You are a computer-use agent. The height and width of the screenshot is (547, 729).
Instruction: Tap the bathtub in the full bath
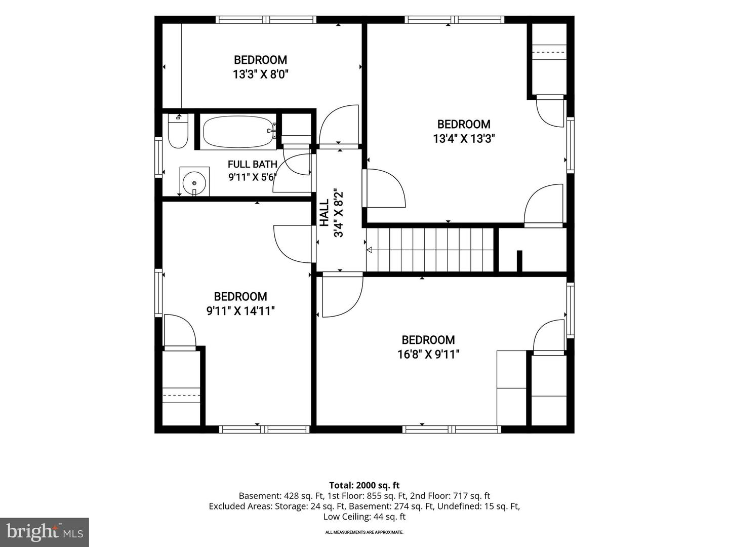coord(238,132)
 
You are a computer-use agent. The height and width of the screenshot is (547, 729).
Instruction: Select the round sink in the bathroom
coord(194,183)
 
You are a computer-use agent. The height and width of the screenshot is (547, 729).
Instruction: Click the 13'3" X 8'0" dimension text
coord(260,74)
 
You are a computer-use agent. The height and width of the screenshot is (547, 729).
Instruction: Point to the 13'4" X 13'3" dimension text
coord(464,138)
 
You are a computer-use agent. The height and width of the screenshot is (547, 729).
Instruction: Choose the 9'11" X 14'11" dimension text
coord(240,311)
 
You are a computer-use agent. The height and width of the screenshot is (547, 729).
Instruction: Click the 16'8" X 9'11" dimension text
coord(428,355)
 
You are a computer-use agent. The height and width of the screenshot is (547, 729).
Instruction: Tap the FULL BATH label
coord(253,164)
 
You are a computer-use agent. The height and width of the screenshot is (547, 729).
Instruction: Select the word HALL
coord(324,213)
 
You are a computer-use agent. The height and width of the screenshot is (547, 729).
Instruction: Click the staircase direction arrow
coord(369,250)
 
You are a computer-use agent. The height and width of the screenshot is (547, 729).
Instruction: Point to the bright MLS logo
coord(45,532)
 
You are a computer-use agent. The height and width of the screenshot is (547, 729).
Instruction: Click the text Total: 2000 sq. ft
coord(364,485)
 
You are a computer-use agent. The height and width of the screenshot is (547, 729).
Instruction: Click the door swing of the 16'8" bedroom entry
coord(343,295)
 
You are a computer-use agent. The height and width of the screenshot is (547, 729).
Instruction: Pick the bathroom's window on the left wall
coord(158,157)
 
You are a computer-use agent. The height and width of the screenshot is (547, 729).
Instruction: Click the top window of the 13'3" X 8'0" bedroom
coord(266,20)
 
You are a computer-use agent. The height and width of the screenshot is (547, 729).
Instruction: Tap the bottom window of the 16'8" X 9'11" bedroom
coord(452,429)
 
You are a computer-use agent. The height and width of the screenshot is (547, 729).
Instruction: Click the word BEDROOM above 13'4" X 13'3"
coord(464,124)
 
